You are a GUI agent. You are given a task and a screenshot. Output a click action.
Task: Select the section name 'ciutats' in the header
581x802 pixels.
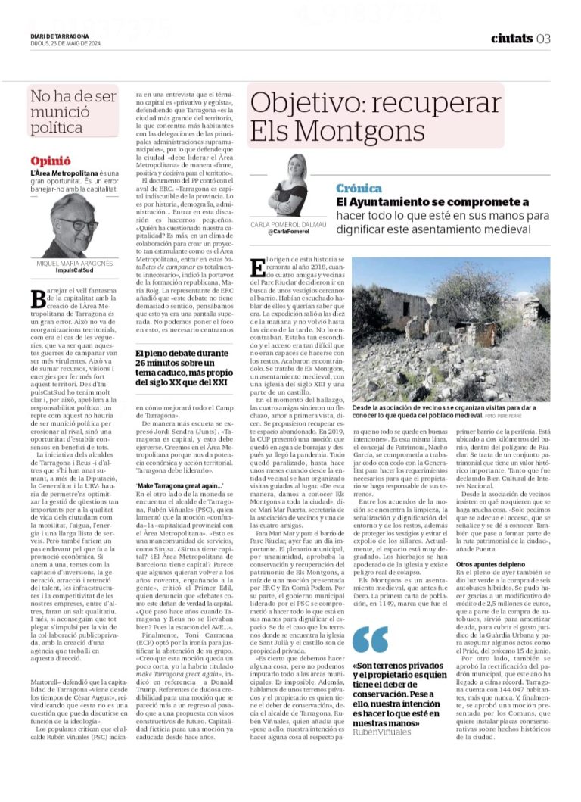pos(511,39)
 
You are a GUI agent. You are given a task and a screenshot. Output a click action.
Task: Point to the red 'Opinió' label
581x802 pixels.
pos(51,161)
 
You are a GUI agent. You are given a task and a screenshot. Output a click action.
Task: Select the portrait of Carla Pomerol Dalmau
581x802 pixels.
pos(287,186)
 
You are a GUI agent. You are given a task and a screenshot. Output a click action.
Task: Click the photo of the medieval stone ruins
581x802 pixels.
pos(452,329)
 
